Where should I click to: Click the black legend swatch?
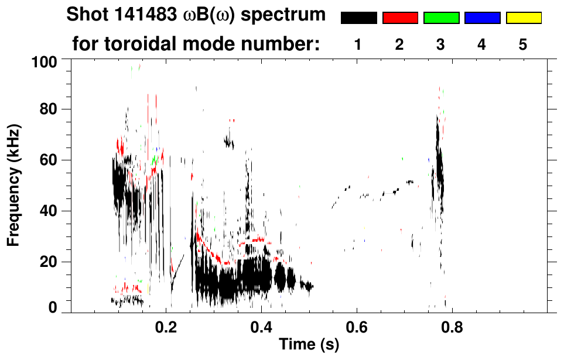358,18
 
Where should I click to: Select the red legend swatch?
400,18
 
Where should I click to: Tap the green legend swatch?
441,18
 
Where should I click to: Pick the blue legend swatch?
482,18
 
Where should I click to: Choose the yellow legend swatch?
524,18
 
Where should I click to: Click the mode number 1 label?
358,45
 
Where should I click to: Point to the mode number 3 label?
440,45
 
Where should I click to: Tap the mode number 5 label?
523,45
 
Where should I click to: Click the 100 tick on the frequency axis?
52,60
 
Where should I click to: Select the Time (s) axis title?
308,345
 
